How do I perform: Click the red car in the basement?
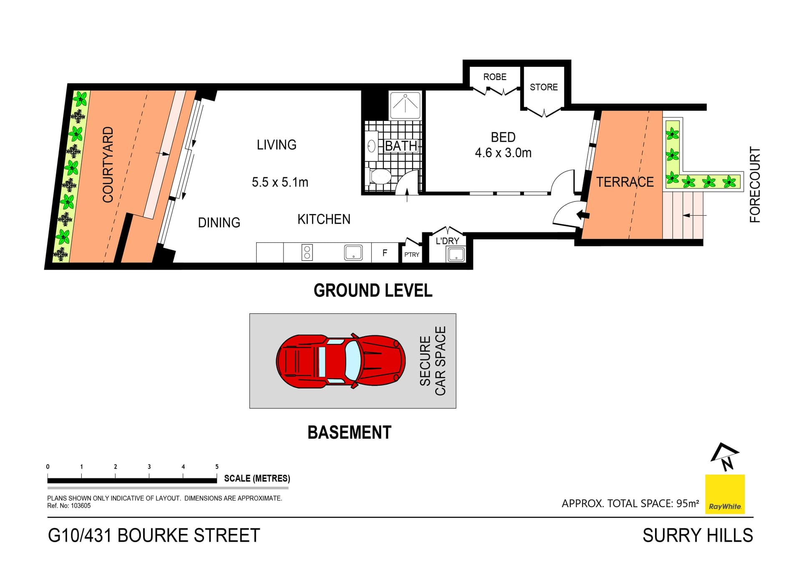tap(340, 361)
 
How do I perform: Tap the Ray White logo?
tap(725, 494)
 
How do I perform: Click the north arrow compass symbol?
tap(725, 457)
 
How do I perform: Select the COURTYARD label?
tap(108, 164)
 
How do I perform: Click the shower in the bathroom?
tap(405, 105)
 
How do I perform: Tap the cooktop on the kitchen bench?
tap(307, 252)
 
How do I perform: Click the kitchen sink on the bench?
tap(353, 252)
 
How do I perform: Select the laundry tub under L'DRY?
tap(456, 254)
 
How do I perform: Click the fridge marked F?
tap(385, 252)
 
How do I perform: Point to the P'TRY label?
tap(411, 254)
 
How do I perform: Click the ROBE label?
tap(495, 77)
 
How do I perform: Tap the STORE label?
tap(544, 87)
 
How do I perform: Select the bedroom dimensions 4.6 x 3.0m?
tap(503, 153)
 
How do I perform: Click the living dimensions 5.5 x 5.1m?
tap(280, 182)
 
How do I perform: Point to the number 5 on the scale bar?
tap(217, 467)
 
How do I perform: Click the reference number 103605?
tap(81, 506)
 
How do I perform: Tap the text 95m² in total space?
tap(688, 503)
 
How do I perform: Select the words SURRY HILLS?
tap(698, 536)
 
